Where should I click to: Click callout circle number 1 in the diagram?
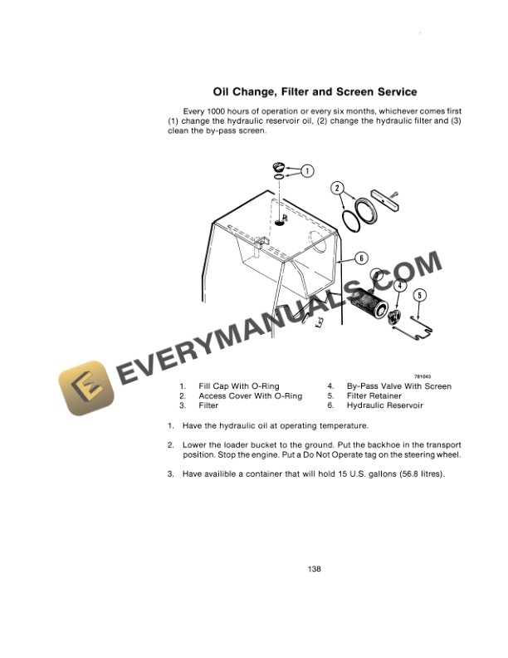tap(307, 171)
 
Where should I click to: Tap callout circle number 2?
tap(338, 189)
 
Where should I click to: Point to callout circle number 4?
tap(400, 286)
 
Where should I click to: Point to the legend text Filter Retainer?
tap(374, 395)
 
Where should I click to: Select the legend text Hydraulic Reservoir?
tap(384, 405)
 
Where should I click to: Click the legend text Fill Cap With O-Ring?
tap(239, 385)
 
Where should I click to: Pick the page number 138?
tap(314, 569)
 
